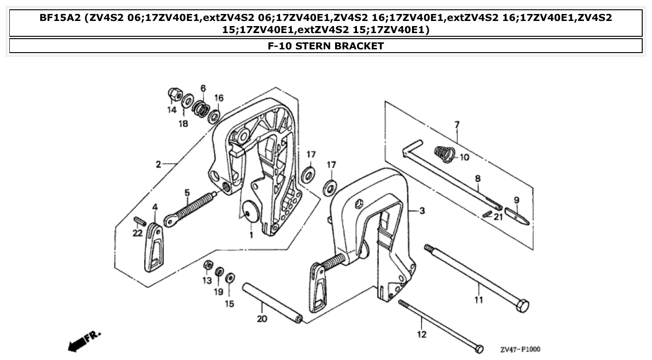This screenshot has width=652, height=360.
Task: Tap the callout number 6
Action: (203, 88)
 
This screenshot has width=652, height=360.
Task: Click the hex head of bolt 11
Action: (522, 306)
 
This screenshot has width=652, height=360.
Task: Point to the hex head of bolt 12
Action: (478, 349)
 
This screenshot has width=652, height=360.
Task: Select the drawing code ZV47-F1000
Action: (520, 349)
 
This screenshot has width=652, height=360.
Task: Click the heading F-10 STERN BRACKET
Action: (326, 46)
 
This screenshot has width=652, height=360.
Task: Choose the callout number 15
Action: (229, 304)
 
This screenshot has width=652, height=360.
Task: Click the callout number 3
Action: (422, 211)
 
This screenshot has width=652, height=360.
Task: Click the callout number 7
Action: (457, 124)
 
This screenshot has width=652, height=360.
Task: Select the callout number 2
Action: (158, 164)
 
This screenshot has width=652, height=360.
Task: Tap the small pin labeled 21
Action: (487, 214)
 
